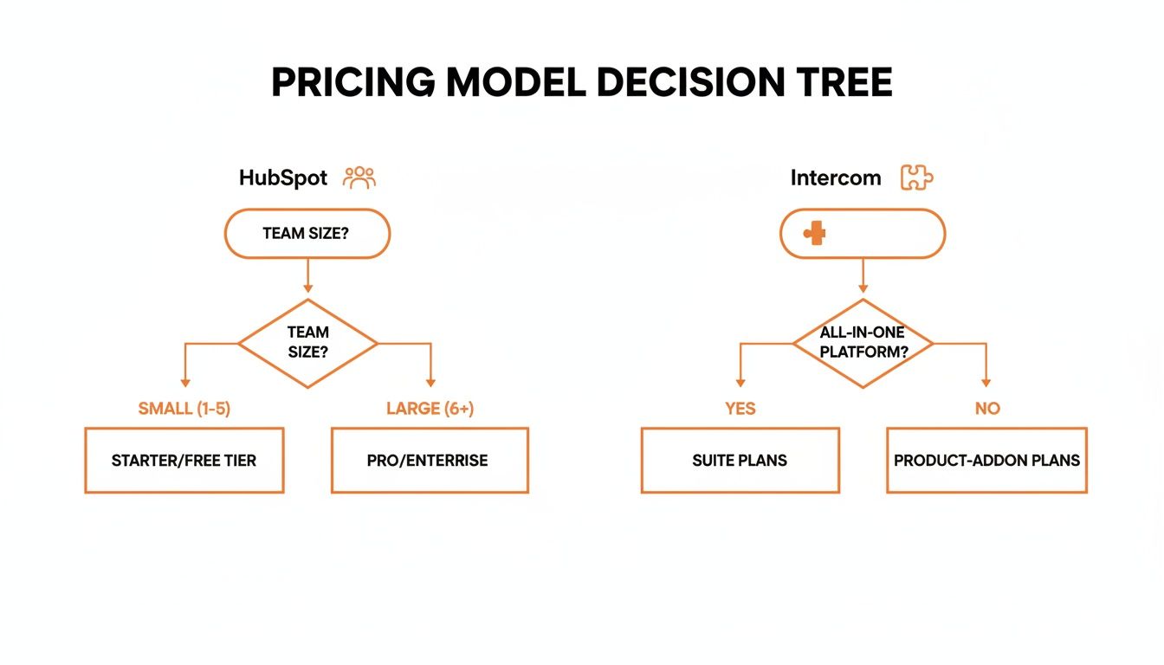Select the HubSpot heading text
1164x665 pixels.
pyautogui.click(x=283, y=178)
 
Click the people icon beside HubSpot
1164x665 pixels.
pyautogui.click(x=359, y=178)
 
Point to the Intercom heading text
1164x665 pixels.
pyautogui.click(x=835, y=178)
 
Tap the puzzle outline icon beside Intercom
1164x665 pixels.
pyautogui.click(x=916, y=178)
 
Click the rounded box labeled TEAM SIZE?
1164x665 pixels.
pyautogui.click(x=307, y=233)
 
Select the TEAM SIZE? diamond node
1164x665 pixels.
pyautogui.click(x=307, y=344)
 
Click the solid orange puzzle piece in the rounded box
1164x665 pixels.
pyautogui.click(x=813, y=233)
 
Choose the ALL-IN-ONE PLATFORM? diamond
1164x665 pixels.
pyautogui.click(x=863, y=344)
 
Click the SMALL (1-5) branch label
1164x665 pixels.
pyautogui.click(x=184, y=409)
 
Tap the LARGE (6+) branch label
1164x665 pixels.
pyautogui.click(x=430, y=409)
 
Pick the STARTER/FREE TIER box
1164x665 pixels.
pyautogui.click(x=184, y=461)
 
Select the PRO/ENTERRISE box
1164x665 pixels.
pyautogui.click(x=430, y=461)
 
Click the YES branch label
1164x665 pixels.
pyautogui.click(x=740, y=409)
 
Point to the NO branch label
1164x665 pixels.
pyautogui.click(x=986, y=409)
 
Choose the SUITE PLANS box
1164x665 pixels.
pyautogui.click(x=740, y=461)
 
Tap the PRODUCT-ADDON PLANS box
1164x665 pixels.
pyautogui.click(x=986, y=461)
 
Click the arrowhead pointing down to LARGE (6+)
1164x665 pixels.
pyautogui.click(x=430, y=382)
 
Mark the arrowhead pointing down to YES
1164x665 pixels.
pyautogui.click(x=740, y=382)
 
